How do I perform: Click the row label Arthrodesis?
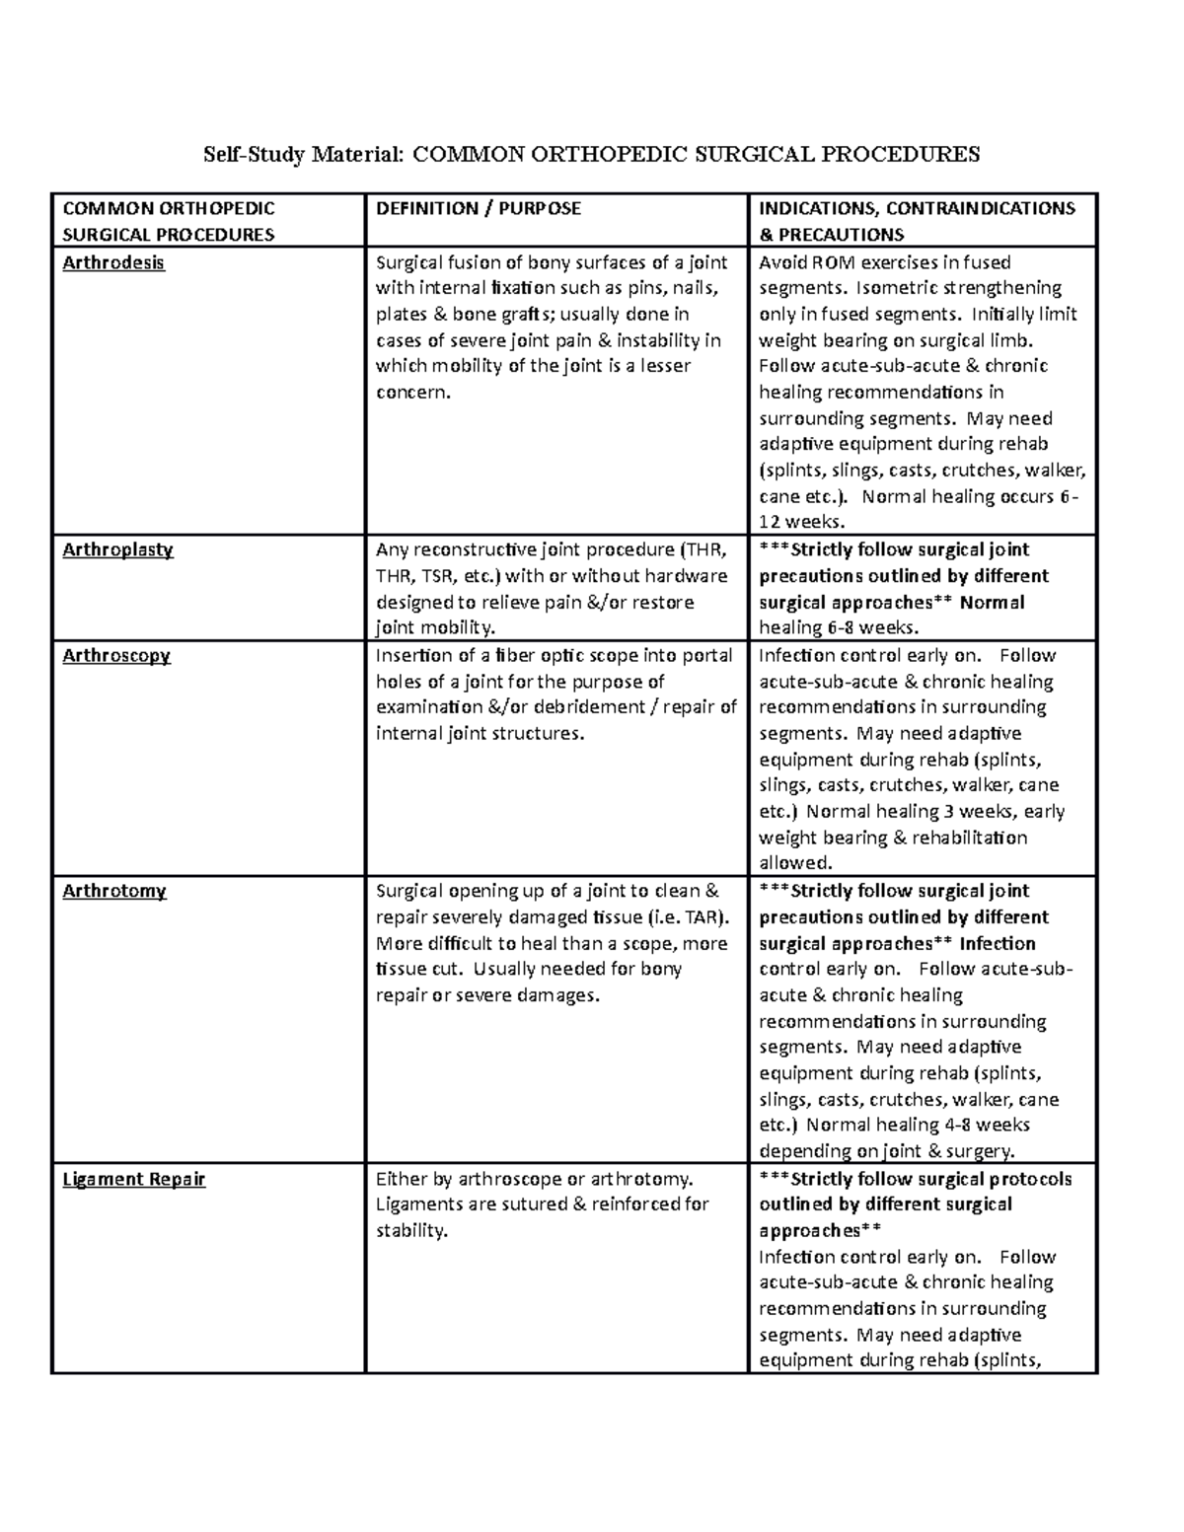click(113, 263)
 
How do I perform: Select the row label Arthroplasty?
click(117, 550)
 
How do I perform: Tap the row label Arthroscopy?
click(116, 656)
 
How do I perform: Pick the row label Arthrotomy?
click(114, 892)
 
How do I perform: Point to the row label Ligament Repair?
click(134, 1180)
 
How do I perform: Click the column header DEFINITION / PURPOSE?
click(479, 208)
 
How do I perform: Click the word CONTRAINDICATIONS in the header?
click(980, 208)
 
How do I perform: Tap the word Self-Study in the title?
click(255, 154)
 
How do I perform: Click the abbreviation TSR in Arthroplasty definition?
click(435, 576)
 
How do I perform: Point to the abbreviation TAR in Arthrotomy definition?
click(705, 917)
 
